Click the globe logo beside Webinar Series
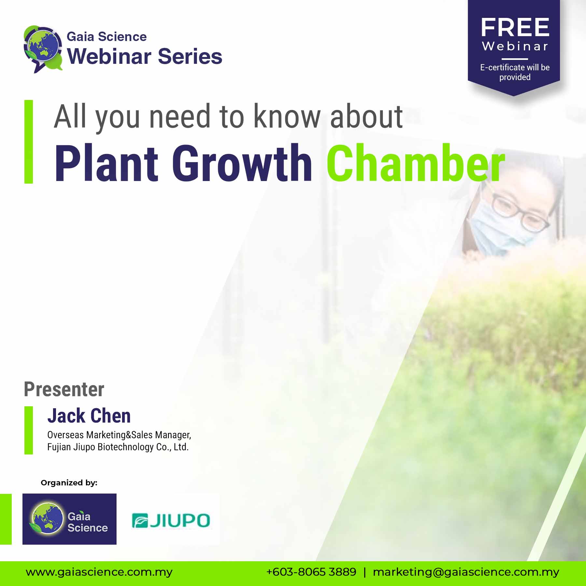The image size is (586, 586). click(43, 49)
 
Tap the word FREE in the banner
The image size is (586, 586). click(515, 28)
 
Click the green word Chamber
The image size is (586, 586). click(416, 163)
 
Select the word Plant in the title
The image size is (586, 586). click(106, 163)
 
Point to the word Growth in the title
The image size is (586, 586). click(242, 163)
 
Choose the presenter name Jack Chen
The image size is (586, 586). click(89, 416)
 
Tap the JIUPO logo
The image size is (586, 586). click(171, 520)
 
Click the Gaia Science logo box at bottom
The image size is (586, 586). click(69, 519)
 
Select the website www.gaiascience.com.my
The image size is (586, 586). click(99, 572)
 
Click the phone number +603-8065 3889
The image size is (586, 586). click(311, 572)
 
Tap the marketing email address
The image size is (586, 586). click(466, 572)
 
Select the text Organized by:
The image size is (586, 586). click(69, 483)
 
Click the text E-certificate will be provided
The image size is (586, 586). click(515, 72)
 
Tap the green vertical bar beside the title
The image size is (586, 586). click(29, 142)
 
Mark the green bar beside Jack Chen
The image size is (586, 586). click(29, 430)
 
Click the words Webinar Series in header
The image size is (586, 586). click(145, 56)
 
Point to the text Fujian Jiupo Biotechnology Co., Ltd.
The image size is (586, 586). click(118, 447)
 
